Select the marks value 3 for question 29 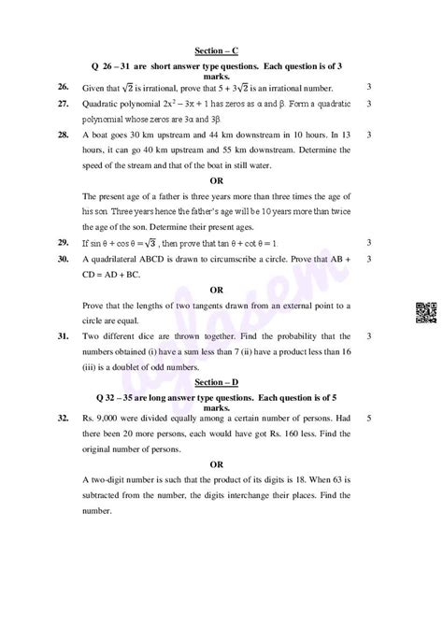371,242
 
